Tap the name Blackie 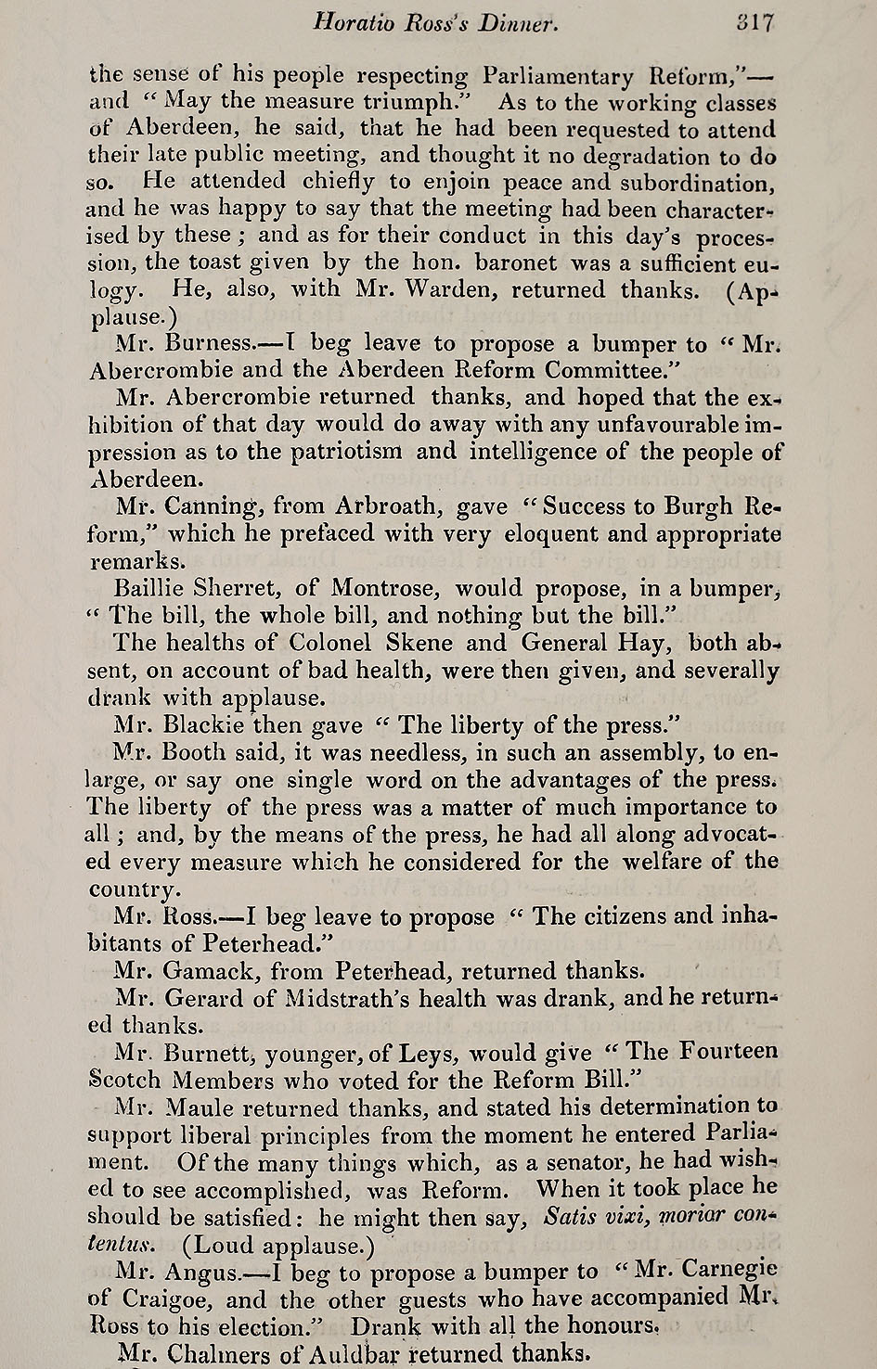point(203,724)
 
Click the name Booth point(197,752)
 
